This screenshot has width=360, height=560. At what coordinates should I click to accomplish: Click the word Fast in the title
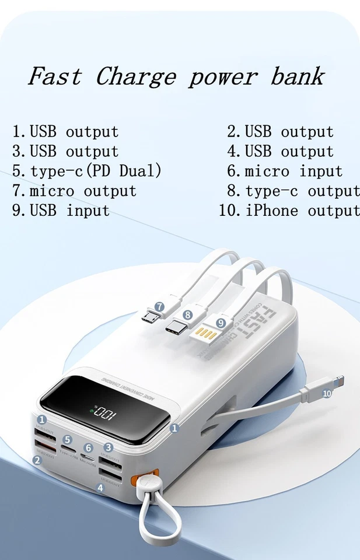coord(55,76)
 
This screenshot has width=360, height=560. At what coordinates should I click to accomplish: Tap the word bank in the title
coord(297,76)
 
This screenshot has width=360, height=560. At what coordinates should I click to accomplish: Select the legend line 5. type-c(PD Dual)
coord(87,171)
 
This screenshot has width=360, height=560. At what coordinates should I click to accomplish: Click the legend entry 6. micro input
coord(285,171)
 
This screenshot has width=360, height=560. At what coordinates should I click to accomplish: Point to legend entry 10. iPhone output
coord(289,210)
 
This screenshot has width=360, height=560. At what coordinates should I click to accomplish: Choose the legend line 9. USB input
coord(61,210)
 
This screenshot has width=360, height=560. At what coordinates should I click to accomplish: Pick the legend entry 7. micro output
coord(75,191)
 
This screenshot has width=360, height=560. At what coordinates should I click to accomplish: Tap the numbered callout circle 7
coord(159,306)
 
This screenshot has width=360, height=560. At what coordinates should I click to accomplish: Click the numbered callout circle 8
coord(187,314)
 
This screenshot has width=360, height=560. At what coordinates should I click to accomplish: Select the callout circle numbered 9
coord(221,322)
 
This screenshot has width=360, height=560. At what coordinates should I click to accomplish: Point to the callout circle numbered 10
coord(327,394)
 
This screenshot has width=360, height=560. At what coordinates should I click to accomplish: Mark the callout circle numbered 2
coord(37,460)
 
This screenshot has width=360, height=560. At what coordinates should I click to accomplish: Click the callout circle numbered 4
coord(100,487)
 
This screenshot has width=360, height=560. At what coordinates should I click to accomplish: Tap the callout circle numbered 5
coord(67,440)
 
